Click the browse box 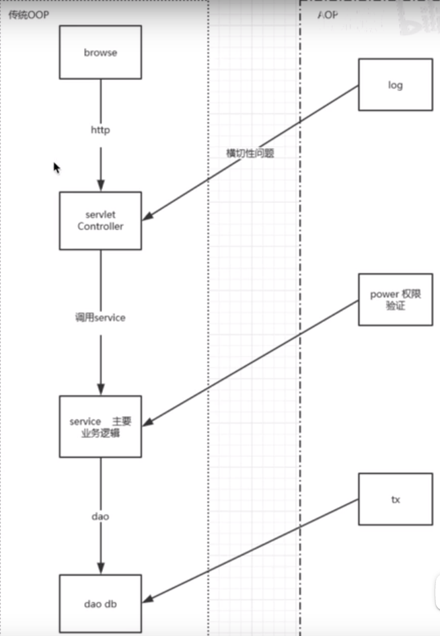(100, 52)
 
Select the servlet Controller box (100, 221)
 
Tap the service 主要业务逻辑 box (100, 426)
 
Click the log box (395, 85)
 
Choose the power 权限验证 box (395, 299)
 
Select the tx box (395, 499)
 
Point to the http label (100, 130)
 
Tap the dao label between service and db (100, 516)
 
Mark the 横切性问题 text (250, 153)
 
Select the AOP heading (327, 15)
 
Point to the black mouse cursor (57, 167)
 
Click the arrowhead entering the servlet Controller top (101, 186)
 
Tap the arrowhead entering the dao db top (101, 568)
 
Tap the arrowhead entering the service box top (101, 390)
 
